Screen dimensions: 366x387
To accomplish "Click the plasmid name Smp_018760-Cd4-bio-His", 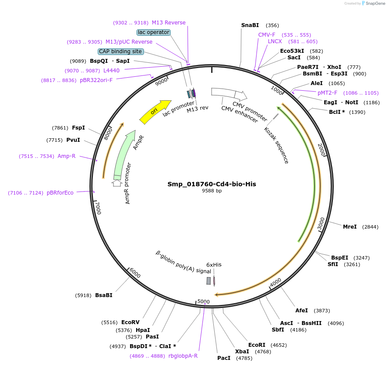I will pos(212,184).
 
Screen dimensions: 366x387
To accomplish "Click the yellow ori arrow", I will pos(155,112).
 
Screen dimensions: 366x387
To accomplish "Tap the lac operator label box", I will pos(154,32).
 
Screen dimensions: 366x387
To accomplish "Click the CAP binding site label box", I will pos(120,51).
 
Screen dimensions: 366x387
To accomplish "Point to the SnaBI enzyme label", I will pos(250,25).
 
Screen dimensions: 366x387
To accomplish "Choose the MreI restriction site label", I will pos(350,227).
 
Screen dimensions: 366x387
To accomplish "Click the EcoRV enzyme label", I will pos(130,322).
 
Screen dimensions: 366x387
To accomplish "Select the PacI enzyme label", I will pos(224,358).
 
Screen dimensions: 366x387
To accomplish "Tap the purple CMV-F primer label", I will pos(267,35).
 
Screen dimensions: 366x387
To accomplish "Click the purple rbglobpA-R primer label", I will pos(183,356).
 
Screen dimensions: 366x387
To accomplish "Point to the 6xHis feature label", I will pos(214,265).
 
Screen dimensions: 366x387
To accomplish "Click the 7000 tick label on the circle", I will pos(99,208).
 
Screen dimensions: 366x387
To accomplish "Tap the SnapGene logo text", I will pos(375,3).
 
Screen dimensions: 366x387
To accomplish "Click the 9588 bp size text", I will pos(212,191).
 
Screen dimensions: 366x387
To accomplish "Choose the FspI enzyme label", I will pos(79,128).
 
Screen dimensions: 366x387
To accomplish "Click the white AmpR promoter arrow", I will pos(116,183).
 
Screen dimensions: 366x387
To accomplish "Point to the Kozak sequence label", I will pos(277,145).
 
